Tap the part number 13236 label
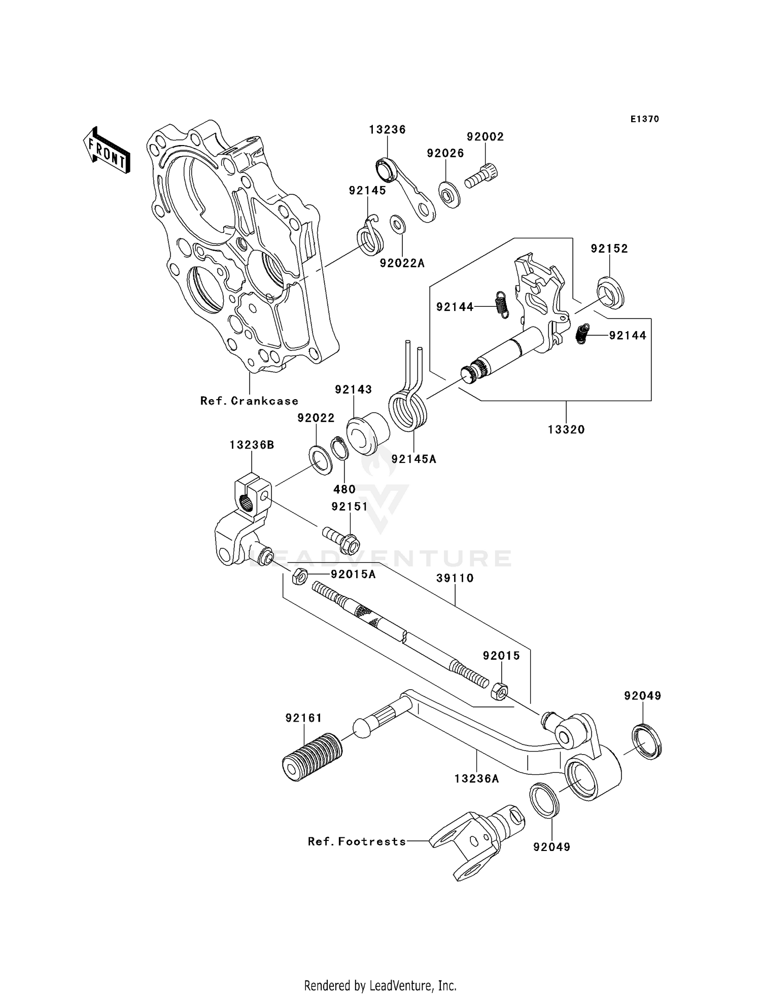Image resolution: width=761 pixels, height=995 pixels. point(387,129)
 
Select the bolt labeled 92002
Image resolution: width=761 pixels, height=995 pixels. point(481,176)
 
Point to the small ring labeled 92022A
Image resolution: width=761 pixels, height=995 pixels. point(398,225)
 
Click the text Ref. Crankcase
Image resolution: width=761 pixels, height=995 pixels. point(249,401)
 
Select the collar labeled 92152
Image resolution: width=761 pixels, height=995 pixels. point(610,293)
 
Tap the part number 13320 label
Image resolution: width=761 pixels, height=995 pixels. point(566,430)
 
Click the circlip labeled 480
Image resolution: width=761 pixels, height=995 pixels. point(340,449)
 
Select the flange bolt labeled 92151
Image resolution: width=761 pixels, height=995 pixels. point(343,540)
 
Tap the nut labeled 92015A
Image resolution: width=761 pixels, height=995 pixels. point(299,577)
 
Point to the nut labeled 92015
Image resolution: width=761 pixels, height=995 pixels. point(499,691)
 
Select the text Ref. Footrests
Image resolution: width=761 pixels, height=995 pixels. point(357,841)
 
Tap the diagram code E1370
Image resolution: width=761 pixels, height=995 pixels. point(645,119)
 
